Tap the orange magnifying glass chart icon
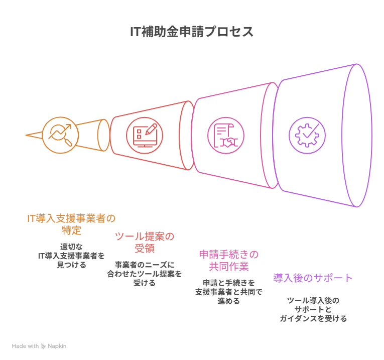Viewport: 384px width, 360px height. coord(60,135)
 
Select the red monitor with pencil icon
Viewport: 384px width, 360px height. coord(144,135)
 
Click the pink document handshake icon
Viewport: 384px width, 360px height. coord(225,135)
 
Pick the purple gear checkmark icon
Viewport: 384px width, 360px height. coord(307,135)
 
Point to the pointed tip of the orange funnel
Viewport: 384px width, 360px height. coord(27,136)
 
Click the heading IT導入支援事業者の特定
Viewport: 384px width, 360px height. coord(71,224)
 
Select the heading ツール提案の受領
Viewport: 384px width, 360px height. coord(144,242)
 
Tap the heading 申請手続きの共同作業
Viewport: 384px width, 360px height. coord(228,260)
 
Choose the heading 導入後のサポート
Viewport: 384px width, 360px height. coord(313,278)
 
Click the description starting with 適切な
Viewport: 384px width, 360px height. coord(71,256)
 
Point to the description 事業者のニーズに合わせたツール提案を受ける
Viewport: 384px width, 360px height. coord(144,274)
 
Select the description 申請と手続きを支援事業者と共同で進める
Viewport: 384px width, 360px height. coord(228,292)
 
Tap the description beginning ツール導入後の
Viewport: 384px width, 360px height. coord(313,309)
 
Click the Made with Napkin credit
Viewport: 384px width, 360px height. coord(39,346)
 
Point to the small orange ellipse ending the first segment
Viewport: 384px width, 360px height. coord(103,135)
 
